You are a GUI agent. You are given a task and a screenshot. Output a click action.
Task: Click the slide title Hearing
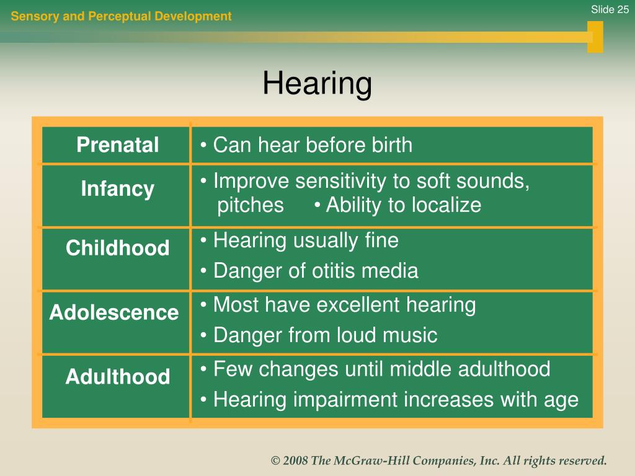(x=317, y=84)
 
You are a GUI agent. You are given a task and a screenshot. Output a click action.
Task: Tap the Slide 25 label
(x=610, y=9)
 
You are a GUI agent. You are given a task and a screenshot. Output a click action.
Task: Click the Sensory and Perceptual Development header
(x=121, y=16)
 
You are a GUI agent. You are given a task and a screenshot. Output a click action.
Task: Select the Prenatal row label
(x=117, y=144)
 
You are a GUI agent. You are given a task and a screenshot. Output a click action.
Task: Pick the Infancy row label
(x=117, y=189)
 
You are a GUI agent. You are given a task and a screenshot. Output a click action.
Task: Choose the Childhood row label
(x=117, y=247)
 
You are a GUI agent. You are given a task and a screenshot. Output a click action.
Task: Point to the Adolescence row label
(x=114, y=312)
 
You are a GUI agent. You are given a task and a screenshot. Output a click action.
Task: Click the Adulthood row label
(x=117, y=376)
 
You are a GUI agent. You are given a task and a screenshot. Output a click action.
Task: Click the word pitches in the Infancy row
(x=251, y=205)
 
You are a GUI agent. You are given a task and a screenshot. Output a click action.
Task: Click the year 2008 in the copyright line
(x=295, y=461)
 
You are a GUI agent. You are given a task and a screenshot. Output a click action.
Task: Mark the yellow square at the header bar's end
(x=595, y=37)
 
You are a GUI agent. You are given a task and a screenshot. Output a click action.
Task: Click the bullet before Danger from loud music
(x=203, y=335)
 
